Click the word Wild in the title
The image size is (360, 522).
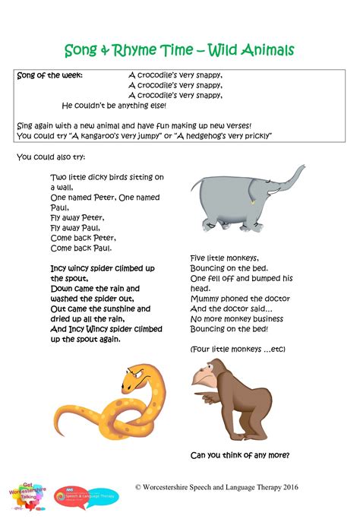229,51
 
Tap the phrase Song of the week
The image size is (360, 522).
50,75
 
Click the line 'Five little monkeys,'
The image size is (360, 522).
224,258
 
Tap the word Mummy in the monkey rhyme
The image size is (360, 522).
207,299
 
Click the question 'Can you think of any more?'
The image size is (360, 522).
239,456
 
